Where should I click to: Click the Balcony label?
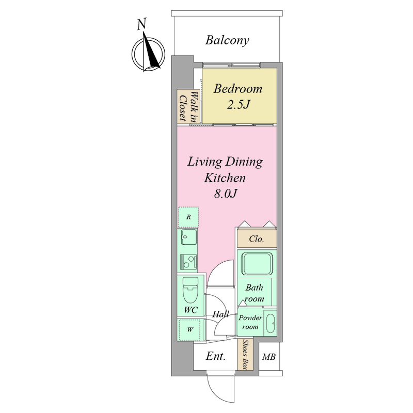tap(227, 41)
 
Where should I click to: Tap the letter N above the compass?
tap(141, 24)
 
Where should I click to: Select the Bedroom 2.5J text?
tap(238, 97)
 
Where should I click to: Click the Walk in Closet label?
tap(188, 106)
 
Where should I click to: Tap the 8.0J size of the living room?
tap(226, 194)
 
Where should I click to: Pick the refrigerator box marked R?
tap(188, 217)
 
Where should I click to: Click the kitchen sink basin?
tap(189, 237)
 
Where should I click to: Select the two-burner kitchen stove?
tap(188, 262)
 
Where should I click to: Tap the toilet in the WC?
tap(190, 290)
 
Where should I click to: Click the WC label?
tap(190, 310)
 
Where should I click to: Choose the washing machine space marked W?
tap(190, 329)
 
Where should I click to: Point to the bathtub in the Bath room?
tap(257, 264)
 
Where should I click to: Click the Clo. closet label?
tap(256, 239)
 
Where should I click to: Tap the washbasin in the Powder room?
tap(270, 323)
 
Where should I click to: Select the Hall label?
tap(221, 314)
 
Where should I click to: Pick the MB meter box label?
tap(268, 357)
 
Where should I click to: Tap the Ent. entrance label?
tap(216, 356)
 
